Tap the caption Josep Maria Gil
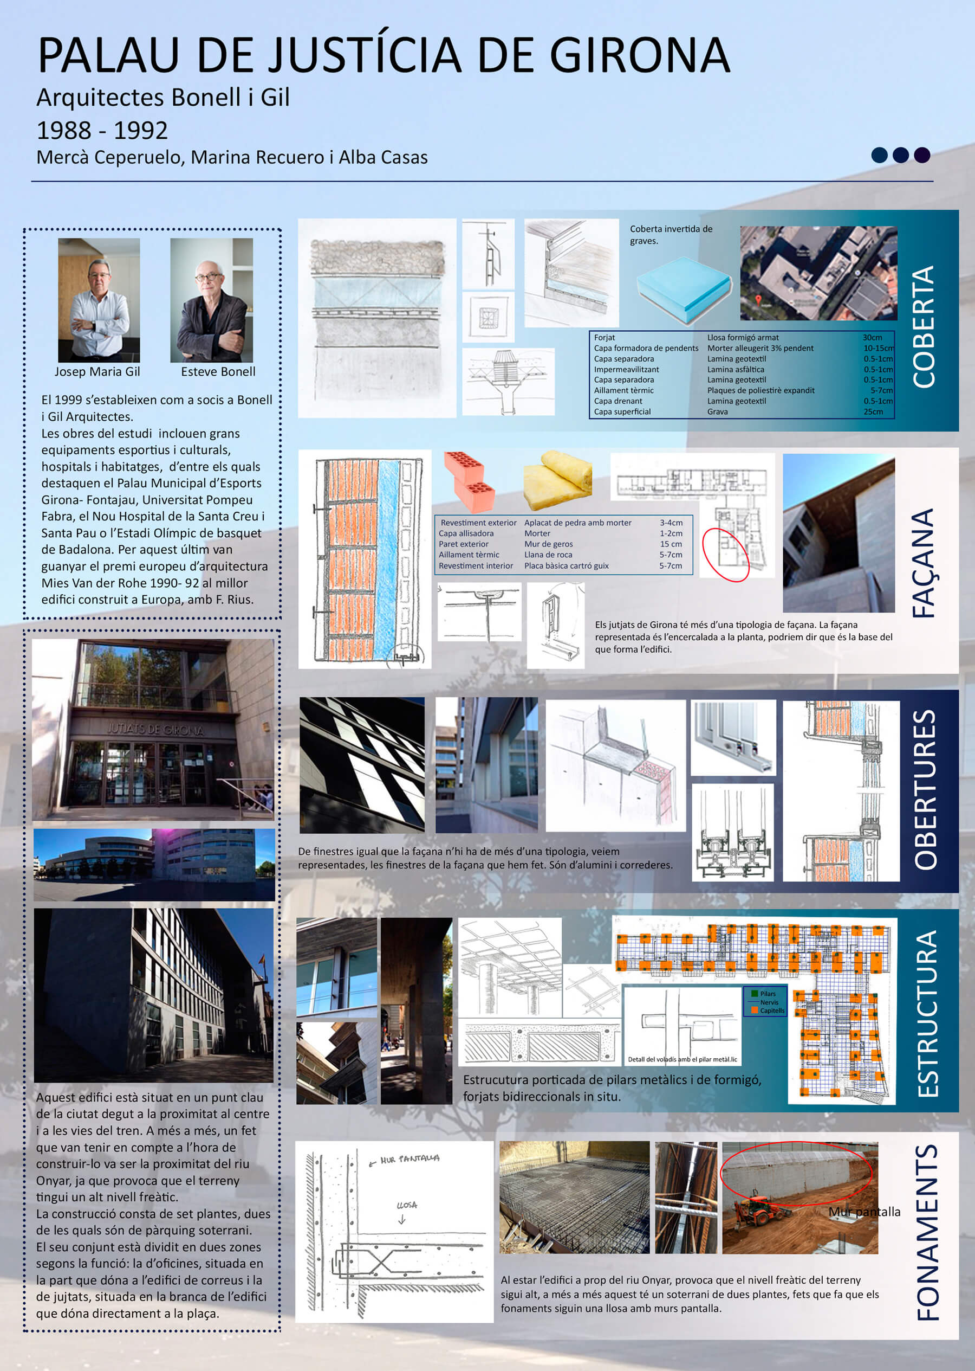pyautogui.click(x=97, y=371)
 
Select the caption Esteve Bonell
pyautogui.click(x=218, y=371)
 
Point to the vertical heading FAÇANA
pyautogui.click(x=924, y=563)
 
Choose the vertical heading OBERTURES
pyautogui.click(x=925, y=790)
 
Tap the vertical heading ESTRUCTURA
pyautogui.click(x=927, y=1014)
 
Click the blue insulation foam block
pyautogui.click(x=683, y=289)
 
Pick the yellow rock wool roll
pyautogui.click(x=558, y=479)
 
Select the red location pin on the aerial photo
pyautogui.click(x=758, y=300)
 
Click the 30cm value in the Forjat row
pyautogui.click(x=872, y=338)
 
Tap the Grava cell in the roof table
pyautogui.click(x=718, y=411)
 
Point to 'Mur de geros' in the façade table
pyautogui.click(x=548, y=544)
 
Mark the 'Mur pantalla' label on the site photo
pyautogui.click(x=864, y=1212)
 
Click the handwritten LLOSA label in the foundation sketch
pyautogui.click(x=406, y=1205)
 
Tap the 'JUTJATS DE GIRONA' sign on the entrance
pyautogui.click(x=155, y=729)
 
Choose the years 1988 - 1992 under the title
pyautogui.click(x=102, y=130)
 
